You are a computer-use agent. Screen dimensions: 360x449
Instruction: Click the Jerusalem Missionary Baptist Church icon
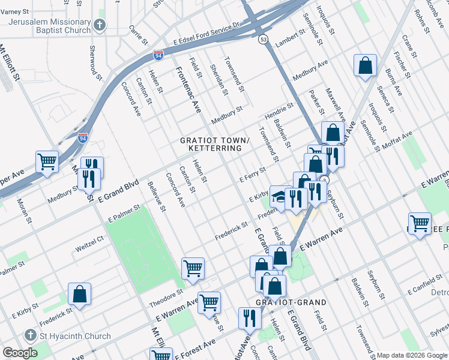[x=100, y=25]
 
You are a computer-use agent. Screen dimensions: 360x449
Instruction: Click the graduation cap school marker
[x=278, y=196]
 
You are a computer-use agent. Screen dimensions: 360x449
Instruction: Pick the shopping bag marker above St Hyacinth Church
[x=79, y=294]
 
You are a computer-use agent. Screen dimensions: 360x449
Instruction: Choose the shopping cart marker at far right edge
[x=420, y=224]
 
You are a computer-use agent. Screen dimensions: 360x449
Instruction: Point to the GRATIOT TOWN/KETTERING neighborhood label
[x=211, y=144]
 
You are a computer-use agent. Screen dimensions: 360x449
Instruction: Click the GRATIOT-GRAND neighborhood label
[x=291, y=302]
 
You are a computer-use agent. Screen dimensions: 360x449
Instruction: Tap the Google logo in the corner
[x=20, y=353]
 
